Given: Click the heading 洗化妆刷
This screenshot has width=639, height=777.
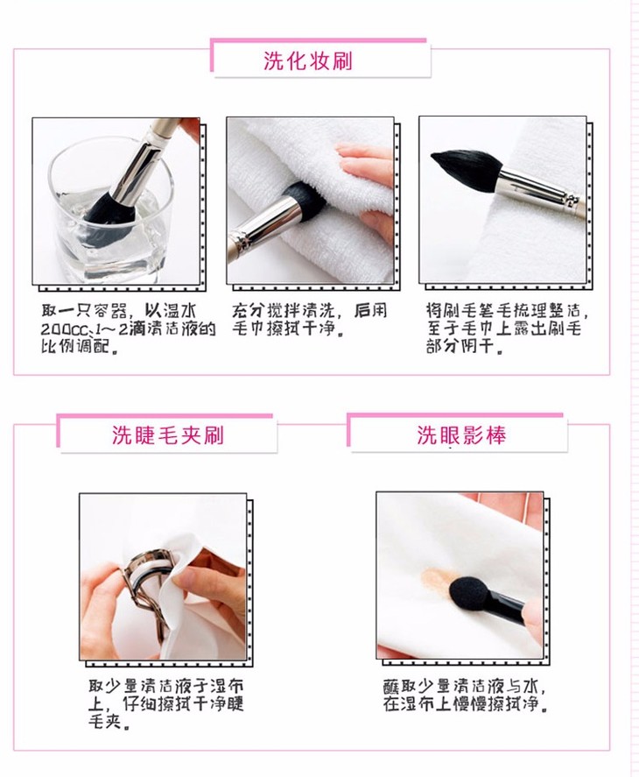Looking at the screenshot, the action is pyautogui.click(x=307, y=61).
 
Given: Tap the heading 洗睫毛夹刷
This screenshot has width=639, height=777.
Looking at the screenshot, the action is pyautogui.click(x=168, y=435).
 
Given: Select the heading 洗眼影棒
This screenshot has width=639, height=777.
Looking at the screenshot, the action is pyautogui.click(x=461, y=435).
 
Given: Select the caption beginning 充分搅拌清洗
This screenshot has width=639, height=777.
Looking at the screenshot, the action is pyautogui.click(x=310, y=320).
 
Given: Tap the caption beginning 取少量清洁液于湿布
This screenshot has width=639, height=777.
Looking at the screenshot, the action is pyautogui.click(x=166, y=703).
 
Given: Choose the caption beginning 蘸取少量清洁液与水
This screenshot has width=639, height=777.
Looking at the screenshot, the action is pyautogui.click(x=467, y=696).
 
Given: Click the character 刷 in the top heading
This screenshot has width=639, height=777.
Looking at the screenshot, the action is pyautogui.click(x=342, y=61).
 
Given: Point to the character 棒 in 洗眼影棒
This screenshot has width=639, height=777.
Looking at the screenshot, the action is pyautogui.click(x=496, y=435).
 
